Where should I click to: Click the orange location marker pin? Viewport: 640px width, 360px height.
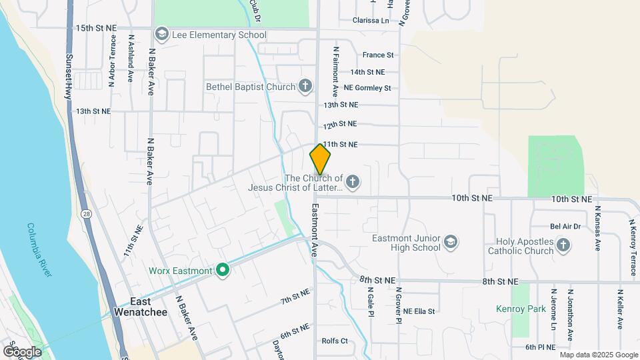320,160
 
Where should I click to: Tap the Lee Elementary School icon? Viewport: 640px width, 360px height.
161,35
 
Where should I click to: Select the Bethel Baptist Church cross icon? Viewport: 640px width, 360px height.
305,87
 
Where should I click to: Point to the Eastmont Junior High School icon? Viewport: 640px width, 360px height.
451,241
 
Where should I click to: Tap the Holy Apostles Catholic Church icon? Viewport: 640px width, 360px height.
564,245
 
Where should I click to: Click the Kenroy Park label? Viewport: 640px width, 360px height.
520,309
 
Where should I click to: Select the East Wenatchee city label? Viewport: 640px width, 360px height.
135,305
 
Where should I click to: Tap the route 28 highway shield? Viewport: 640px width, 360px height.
87,213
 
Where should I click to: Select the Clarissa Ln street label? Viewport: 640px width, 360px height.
371,21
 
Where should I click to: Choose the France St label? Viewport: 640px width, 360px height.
378,55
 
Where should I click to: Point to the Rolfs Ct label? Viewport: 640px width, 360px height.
335,341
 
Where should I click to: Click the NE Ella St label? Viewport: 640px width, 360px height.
418,311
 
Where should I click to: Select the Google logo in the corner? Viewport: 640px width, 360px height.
22,351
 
